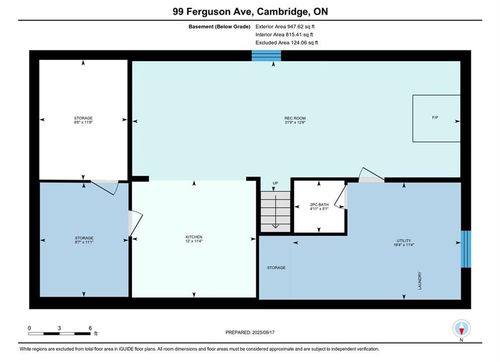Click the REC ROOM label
(x=295, y=120)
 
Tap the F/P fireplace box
(x=436, y=118)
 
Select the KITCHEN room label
(x=194, y=239)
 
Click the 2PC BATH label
(x=319, y=207)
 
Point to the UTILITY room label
(x=404, y=243)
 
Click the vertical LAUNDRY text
(x=420, y=281)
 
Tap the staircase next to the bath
(x=275, y=212)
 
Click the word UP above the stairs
(x=275, y=183)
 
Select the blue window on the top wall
(x=266, y=55)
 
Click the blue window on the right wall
(x=466, y=249)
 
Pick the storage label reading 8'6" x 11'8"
(x=83, y=120)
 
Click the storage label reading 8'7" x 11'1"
(x=84, y=240)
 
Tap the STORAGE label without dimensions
(x=276, y=267)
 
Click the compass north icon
(x=461, y=328)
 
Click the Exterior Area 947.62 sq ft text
(x=285, y=27)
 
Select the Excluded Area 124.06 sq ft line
(x=286, y=42)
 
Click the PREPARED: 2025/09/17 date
(x=250, y=332)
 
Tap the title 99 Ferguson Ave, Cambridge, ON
(x=250, y=12)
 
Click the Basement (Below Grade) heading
(x=220, y=27)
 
